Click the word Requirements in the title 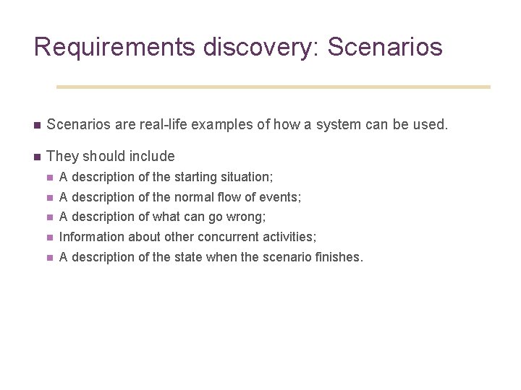click(x=114, y=47)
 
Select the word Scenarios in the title click(x=385, y=47)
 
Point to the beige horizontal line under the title click(x=273, y=87)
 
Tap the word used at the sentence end click(x=432, y=124)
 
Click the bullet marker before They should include click(x=36, y=157)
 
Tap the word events click(x=283, y=197)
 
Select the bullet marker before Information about click(x=49, y=237)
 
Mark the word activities click(x=288, y=237)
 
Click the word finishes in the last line click(x=339, y=257)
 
